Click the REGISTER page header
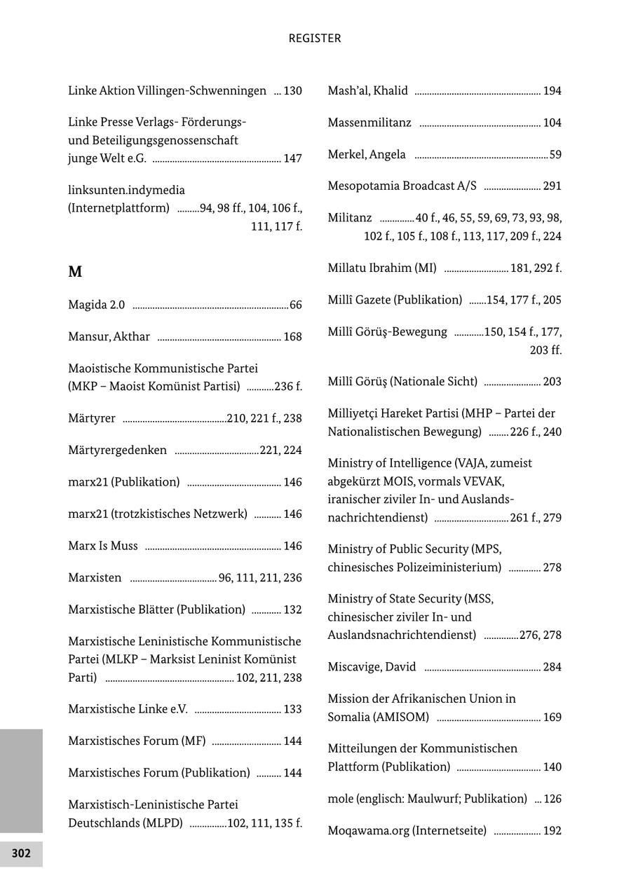(315, 39)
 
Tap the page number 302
(21, 853)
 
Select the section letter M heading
(75, 272)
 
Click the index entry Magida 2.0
(97, 305)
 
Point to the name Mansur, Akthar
(109, 337)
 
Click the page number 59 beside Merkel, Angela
(555, 155)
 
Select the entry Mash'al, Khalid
(367, 91)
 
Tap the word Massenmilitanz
(369, 123)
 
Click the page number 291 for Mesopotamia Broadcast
(552, 186)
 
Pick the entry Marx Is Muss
(103, 546)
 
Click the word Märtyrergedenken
(117, 451)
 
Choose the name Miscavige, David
(372, 667)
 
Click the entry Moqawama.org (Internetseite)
(407, 831)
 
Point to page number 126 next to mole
(552, 799)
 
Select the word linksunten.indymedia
(126, 191)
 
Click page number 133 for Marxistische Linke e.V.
(292, 710)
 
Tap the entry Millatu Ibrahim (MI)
(381, 268)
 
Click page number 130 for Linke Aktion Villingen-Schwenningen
(292, 91)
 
